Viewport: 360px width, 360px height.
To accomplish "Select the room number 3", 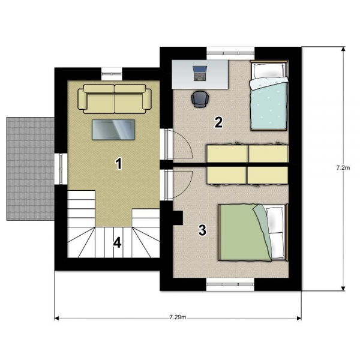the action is pos(202,230).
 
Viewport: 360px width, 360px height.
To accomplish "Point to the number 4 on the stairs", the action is pos(117,242).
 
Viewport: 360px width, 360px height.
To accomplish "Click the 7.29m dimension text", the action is pos(178,317).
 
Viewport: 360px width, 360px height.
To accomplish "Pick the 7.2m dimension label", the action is pos(343,168).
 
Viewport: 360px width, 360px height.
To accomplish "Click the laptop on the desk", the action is pos(200,73).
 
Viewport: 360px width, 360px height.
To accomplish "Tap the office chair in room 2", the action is pos(200,99).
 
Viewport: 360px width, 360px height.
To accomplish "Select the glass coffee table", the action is pos(113,130).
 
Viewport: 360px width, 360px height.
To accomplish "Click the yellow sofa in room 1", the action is pos(115,99).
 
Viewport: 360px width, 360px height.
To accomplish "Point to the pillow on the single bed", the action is pos(268,70).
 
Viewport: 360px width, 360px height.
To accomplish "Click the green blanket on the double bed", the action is pos(244,233).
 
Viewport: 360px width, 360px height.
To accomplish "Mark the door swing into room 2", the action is pos(181,144).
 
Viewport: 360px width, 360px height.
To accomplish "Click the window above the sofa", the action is pos(112,73).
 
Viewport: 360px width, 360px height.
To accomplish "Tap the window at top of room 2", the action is pos(230,53).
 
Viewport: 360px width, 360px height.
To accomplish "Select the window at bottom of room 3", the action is pos(230,284).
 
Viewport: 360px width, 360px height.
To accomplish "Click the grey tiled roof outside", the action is pos(31,169).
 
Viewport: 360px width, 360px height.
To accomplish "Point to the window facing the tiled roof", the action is pos(61,169).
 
